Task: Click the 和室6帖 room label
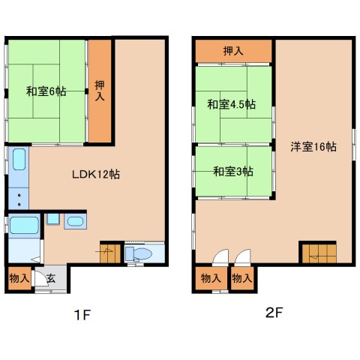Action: [x=46, y=91]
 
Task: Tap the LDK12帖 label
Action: [x=96, y=174]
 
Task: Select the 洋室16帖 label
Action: [x=313, y=147]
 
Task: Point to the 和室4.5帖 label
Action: [x=232, y=104]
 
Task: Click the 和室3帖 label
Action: [x=233, y=172]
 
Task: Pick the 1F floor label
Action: [x=82, y=315]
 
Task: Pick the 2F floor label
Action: [x=274, y=313]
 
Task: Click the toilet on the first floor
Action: [x=139, y=254]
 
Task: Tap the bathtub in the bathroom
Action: [x=24, y=226]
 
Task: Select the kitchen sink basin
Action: [x=19, y=160]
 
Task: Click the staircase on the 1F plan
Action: [x=110, y=253]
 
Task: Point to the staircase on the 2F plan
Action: [x=319, y=253]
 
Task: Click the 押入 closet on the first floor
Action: [x=100, y=91]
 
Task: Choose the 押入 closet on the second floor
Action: [x=233, y=51]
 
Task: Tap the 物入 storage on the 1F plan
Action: [x=19, y=278]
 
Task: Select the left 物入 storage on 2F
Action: [x=211, y=278]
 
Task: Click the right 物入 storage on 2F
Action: [x=242, y=278]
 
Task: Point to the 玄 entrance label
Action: [x=51, y=278]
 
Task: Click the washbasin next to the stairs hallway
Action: [x=75, y=221]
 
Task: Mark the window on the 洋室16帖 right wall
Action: [x=354, y=144]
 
